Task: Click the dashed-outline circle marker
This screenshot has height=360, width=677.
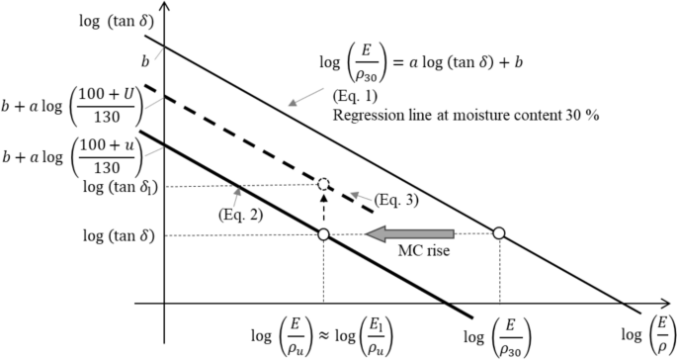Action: coord(323,184)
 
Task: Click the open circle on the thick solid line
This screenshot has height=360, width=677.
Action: coord(323,234)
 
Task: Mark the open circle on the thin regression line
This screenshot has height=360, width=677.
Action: coord(499,233)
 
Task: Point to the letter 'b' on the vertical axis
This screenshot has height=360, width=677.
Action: coord(145,60)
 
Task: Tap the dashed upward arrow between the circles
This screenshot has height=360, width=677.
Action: coord(323,209)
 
